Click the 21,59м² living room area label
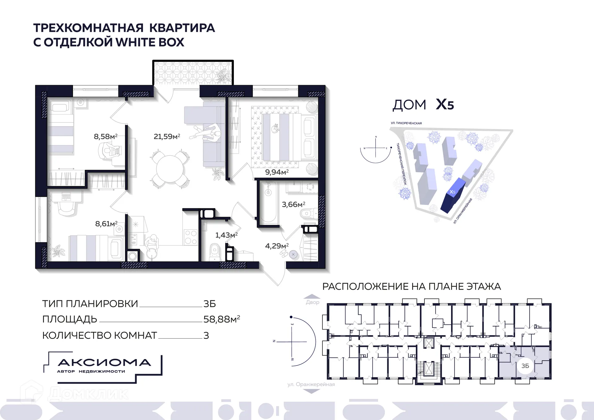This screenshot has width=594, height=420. click(x=167, y=136)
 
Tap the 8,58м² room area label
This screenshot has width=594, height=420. click(x=105, y=136)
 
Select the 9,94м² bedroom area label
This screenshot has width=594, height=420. click(x=277, y=172)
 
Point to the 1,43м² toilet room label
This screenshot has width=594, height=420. click(x=226, y=235)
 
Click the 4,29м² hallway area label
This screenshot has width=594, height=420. click(x=277, y=246)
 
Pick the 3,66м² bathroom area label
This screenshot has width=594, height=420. click(x=293, y=205)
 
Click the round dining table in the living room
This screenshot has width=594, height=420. click(x=170, y=169)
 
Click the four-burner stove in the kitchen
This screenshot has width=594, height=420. click(x=191, y=237)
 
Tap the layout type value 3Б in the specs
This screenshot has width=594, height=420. click(x=209, y=304)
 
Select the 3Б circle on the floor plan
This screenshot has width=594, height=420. click(x=525, y=366)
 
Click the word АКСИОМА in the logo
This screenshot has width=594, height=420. click(x=104, y=362)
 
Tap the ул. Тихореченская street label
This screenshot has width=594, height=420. click(x=406, y=123)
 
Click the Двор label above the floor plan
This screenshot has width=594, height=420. click(x=312, y=302)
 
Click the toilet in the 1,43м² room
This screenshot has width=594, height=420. click(x=214, y=251)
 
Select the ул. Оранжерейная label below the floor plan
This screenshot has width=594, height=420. click(x=311, y=384)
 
